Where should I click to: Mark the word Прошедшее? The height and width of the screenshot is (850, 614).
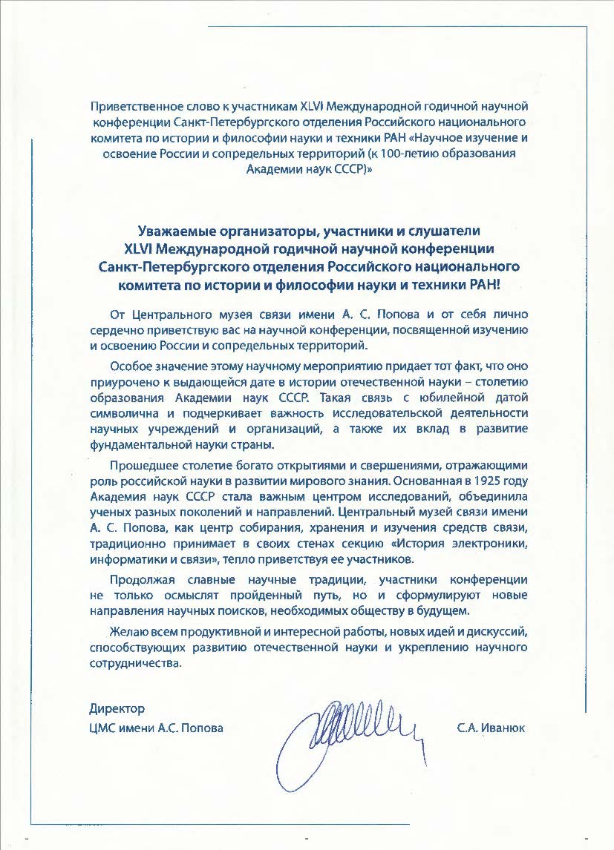tap(141, 465)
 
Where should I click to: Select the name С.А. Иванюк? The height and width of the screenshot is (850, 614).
tap(491, 728)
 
